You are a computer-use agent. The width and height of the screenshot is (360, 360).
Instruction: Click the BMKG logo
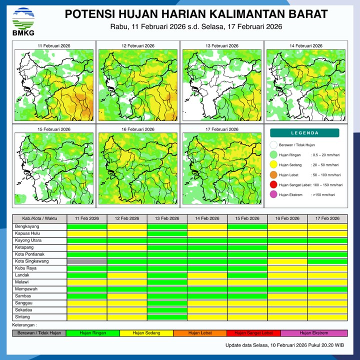point(23,21)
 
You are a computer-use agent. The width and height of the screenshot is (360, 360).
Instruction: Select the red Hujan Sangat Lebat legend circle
point(273,185)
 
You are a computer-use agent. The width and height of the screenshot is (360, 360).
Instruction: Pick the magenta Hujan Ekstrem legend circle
point(273,195)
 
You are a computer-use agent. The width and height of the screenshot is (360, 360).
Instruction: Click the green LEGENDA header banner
point(304,133)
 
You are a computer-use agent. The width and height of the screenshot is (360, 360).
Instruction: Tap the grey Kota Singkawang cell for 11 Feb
point(87,261)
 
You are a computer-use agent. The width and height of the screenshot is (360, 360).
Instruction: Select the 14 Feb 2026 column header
point(207,219)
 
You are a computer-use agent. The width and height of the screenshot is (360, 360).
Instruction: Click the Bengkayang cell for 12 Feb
point(127,226)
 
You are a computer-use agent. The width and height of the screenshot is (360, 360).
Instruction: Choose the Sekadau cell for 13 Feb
point(167,310)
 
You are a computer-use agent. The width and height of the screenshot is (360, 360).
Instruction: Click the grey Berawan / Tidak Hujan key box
point(39,333)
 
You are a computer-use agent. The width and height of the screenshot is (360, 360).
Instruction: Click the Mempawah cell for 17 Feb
point(327,289)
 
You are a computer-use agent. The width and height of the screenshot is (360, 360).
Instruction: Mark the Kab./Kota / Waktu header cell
point(39,219)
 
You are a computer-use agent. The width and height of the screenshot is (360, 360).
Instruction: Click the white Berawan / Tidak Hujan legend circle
point(273,145)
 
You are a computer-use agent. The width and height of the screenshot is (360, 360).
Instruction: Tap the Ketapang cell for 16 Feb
point(287,247)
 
